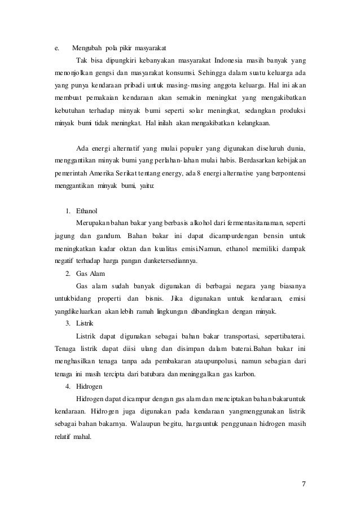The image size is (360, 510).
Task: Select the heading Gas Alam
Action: [x=91, y=274]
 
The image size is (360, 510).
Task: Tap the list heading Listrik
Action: [x=86, y=324]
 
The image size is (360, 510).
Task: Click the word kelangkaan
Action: [x=256, y=121]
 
